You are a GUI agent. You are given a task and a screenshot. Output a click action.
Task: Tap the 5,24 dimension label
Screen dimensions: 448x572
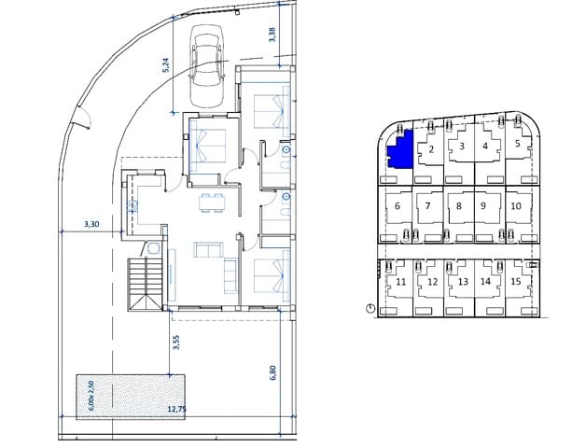pos(164,64)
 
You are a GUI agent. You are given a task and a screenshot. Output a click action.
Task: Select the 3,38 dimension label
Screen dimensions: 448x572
pos(272,35)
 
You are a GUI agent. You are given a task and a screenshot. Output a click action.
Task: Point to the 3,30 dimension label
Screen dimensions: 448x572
pos(91,224)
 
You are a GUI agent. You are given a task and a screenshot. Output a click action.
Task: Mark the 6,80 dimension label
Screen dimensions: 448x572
pos(272,371)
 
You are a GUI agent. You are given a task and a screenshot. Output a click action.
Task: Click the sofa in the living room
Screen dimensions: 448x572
pos(207,249)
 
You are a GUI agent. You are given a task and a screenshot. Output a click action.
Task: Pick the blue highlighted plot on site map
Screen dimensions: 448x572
pos(400,151)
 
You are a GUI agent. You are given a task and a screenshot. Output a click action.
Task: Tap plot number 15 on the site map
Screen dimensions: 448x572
pos(516,281)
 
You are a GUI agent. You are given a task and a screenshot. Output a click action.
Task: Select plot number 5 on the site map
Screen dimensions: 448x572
pos(517,146)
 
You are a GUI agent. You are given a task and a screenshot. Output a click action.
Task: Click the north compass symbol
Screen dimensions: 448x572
pos(370,307)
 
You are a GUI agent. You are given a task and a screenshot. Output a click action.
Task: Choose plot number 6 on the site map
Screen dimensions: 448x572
pos(398,206)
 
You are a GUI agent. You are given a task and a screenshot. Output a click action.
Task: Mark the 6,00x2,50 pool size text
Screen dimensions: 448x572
pos(92,397)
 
